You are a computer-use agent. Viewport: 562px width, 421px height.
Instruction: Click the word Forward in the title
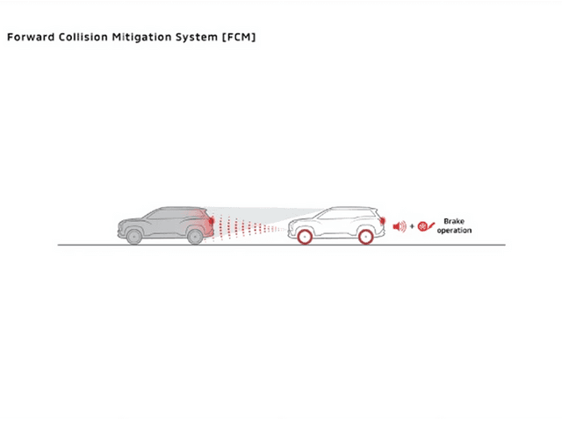[31, 37]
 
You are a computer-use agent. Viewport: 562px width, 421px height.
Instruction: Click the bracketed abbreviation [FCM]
[239, 37]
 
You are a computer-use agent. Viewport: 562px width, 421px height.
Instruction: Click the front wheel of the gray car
[134, 237]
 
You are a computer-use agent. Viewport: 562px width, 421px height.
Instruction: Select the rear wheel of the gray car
[195, 237]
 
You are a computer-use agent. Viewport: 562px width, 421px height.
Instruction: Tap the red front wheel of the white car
[305, 237]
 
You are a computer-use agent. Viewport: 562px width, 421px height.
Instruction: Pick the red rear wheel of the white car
[366, 237]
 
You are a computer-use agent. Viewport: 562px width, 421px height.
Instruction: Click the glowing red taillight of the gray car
[211, 220]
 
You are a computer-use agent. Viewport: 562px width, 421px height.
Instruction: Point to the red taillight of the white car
[383, 221]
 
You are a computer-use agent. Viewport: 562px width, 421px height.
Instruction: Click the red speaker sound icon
[400, 226]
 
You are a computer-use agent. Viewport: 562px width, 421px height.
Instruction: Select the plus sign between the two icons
[412, 226]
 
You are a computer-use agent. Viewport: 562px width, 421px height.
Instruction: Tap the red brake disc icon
[425, 226]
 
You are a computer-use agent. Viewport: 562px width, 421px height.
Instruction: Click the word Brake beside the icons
[454, 221]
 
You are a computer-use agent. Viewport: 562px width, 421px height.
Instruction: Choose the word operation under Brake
[454, 231]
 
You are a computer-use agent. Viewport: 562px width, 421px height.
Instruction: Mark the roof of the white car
[351, 208]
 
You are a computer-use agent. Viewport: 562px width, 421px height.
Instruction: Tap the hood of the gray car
[133, 220]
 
